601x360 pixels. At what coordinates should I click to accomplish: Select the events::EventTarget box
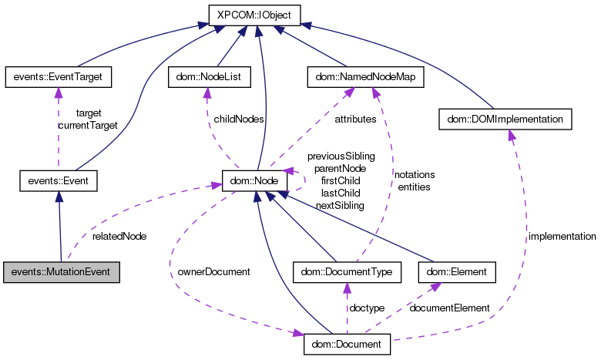click(x=59, y=76)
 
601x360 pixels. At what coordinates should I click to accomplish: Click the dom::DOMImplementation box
click(x=505, y=119)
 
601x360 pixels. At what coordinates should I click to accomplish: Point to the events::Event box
click(x=59, y=182)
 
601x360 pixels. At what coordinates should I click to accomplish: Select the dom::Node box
click(x=254, y=182)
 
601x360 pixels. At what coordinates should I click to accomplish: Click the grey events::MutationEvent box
click(x=62, y=272)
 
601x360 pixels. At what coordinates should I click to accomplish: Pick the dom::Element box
click(x=457, y=272)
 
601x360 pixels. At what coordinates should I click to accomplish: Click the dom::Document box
click(x=348, y=343)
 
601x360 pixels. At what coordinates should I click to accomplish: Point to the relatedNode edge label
click(x=119, y=236)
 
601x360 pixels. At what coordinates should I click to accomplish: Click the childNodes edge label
click(x=238, y=119)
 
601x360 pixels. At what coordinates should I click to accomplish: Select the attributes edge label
click(x=355, y=119)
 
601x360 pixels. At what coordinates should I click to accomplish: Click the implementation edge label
click(x=562, y=236)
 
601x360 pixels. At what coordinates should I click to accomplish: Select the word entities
click(x=414, y=187)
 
